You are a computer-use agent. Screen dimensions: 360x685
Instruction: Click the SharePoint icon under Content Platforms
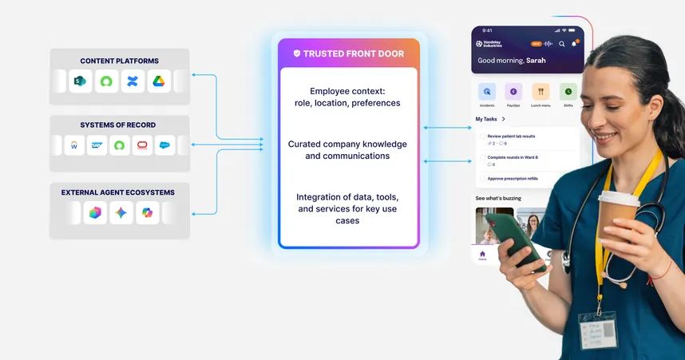[80, 81]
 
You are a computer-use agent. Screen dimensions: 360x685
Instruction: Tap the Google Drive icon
[160, 81]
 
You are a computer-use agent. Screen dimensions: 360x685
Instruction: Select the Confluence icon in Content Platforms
[133, 81]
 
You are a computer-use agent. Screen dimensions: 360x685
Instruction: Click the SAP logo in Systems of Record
[98, 145]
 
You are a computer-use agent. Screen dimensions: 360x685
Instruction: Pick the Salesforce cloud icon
[165, 145]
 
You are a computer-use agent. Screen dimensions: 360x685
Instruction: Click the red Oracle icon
[143, 145]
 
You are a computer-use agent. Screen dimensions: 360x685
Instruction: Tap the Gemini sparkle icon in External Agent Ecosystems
[121, 212]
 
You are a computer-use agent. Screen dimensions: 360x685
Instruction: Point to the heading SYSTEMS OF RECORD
[117, 125]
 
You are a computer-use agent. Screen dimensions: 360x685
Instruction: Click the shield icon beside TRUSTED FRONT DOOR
[297, 53]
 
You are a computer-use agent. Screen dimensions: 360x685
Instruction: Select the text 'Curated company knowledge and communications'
[347, 150]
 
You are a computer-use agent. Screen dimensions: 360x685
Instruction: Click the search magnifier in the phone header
[562, 44]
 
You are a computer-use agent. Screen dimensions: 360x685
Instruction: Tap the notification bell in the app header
[573, 44]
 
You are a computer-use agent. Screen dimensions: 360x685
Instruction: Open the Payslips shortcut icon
[514, 92]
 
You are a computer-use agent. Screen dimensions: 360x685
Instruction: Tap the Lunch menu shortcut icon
[541, 92]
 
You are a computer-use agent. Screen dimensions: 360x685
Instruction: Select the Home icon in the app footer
[482, 255]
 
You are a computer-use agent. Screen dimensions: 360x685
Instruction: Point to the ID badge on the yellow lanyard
[598, 329]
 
